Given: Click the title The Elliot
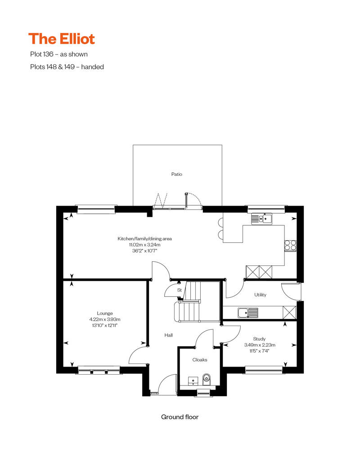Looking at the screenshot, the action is pyautogui.click(x=62, y=39).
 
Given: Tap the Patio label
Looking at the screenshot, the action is pyautogui.click(x=176, y=174).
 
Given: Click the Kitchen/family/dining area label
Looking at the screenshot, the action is pyautogui.click(x=144, y=239).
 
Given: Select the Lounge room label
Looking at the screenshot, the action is pyautogui.click(x=105, y=313).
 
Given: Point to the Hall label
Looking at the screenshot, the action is pyautogui.click(x=169, y=335).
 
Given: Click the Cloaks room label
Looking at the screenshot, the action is pyautogui.click(x=200, y=360).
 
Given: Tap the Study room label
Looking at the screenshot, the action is pyautogui.click(x=259, y=339).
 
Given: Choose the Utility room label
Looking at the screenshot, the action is pyautogui.click(x=260, y=295).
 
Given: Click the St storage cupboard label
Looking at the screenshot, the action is pyautogui.click(x=179, y=290).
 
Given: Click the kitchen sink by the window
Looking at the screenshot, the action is pyautogui.click(x=261, y=219).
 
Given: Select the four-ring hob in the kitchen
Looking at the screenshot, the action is pyautogui.click(x=290, y=246).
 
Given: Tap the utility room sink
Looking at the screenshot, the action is pyautogui.click(x=248, y=313).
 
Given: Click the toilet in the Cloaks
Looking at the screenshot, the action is pyautogui.click(x=207, y=379).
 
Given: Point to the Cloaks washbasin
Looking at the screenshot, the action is pyautogui.click(x=193, y=381).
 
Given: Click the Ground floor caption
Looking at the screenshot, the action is pyautogui.click(x=180, y=417).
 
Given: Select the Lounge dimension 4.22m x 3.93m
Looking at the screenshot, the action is pyautogui.click(x=105, y=319).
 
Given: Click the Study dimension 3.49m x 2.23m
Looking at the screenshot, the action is pyautogui.click(x=260, y=345).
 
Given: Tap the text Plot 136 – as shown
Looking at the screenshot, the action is pyautogui.click(x=59, y=54).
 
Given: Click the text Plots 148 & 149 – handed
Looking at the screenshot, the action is pyautogui.click(x=67, y=67).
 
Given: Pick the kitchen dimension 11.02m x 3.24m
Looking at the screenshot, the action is pyautogui.click(x=144, y=245).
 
